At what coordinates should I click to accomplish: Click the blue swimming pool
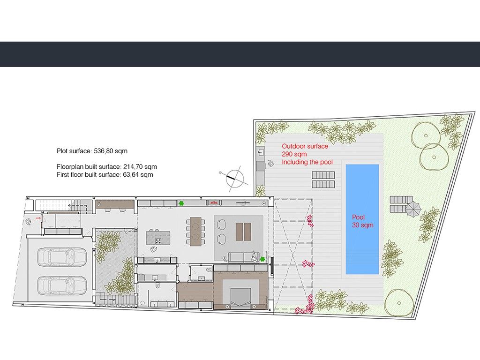(362, 219)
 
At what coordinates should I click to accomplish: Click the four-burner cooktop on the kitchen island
(158, 241)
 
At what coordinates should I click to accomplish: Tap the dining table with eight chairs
(195, 232)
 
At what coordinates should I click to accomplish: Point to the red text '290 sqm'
(294, 154)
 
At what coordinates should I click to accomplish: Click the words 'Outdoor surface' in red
(305, 146)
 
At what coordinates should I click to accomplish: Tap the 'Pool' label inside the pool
(358, 217)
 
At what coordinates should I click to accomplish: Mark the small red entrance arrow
(38, 218)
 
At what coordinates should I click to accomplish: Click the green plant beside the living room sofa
(262, 259)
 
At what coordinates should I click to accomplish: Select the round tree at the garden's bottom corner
(399, 303)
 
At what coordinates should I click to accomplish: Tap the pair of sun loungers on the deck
(323, 180)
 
